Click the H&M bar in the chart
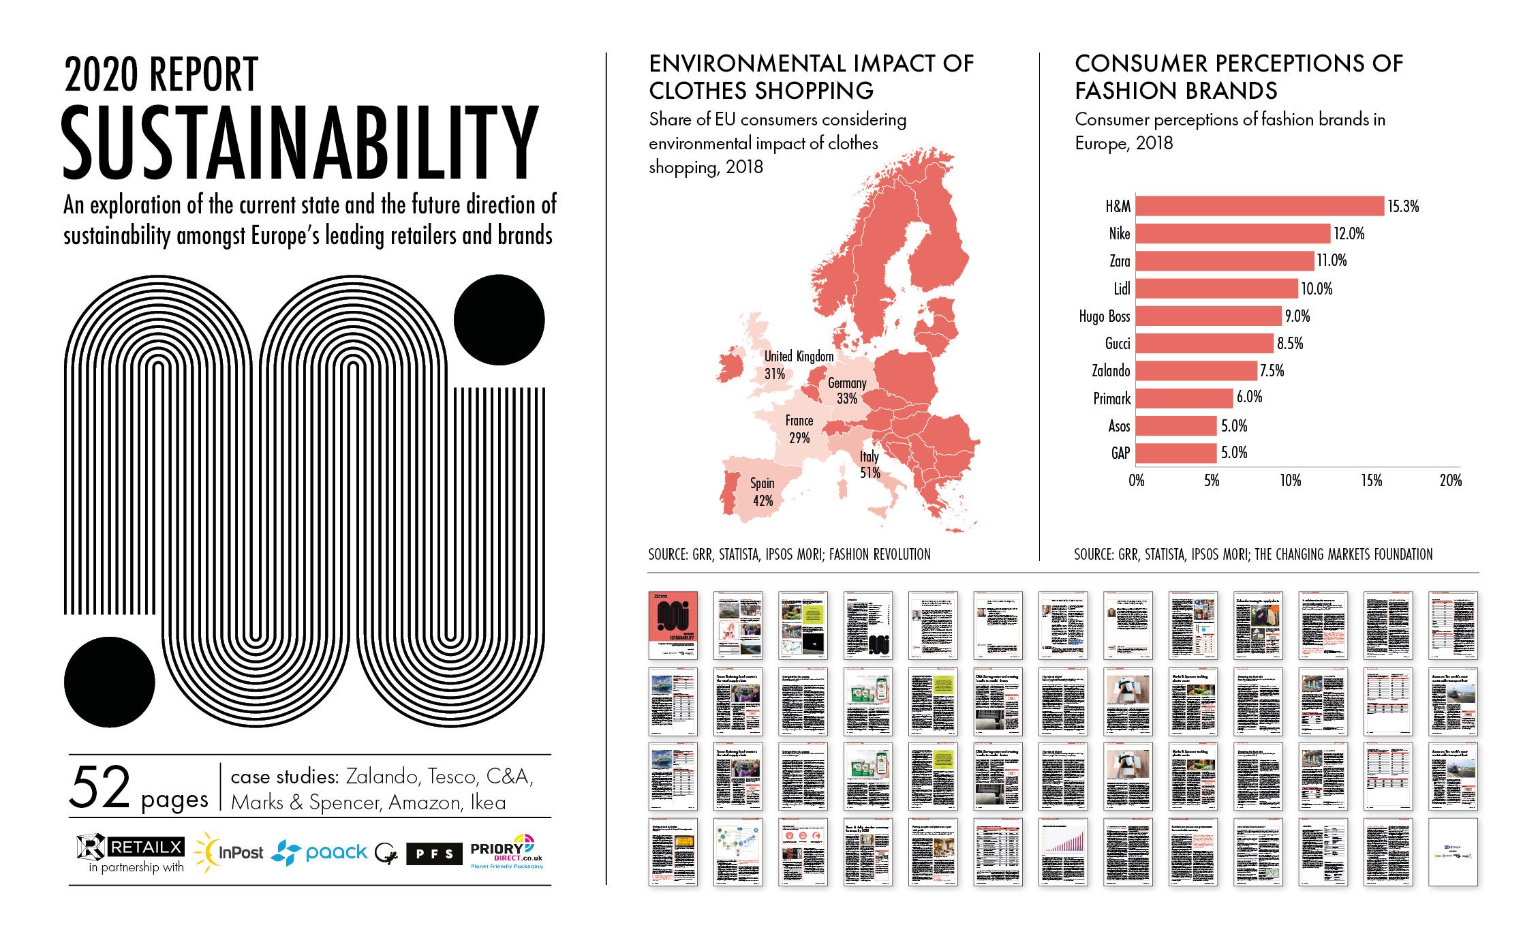(1259, 206)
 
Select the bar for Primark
(1184, 398)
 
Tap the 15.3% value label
(1403, 207)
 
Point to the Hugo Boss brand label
(1104, 316)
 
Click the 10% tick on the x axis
(1290, 481)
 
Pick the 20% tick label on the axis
(1450, 481)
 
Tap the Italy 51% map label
(870, 464)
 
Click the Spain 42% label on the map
(763, 492)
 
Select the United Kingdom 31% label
(798, 365)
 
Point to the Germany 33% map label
(847, 391)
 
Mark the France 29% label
(799, 429)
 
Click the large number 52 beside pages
(99, 787)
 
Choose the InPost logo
(229, 852)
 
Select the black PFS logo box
(434, 854)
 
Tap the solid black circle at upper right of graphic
(499, 320)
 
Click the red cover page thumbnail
(673, 625)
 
